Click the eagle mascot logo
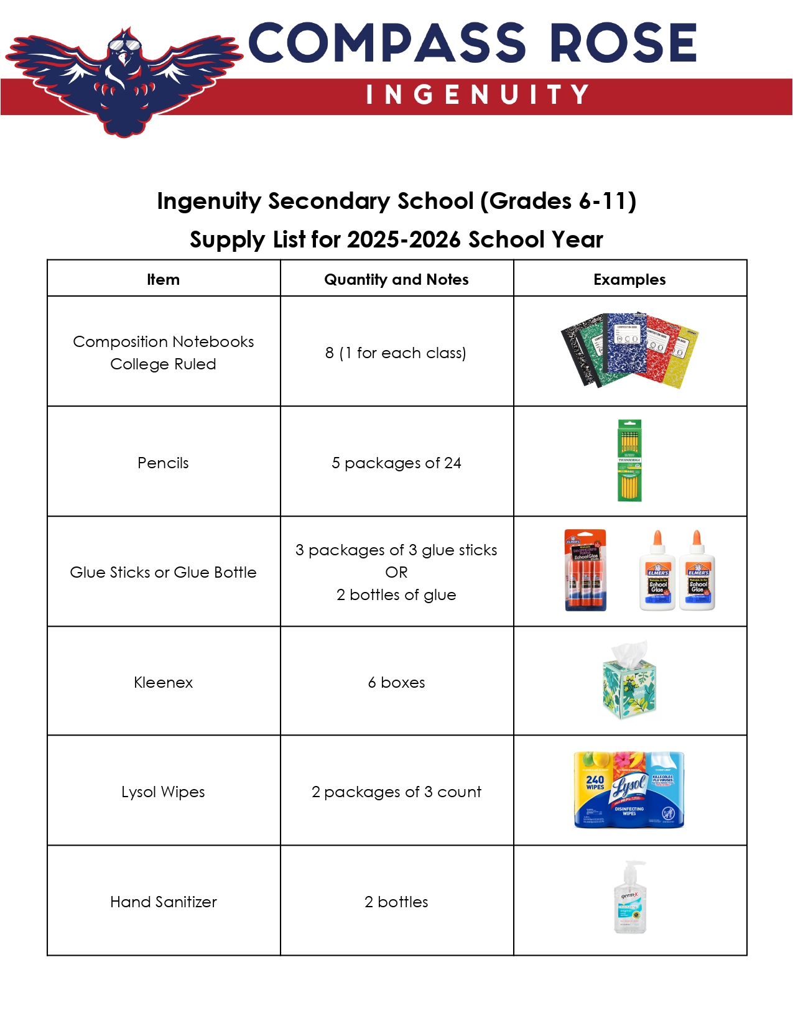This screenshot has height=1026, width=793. [x=124, y=78]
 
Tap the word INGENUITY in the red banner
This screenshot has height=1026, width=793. [x=477, y=95]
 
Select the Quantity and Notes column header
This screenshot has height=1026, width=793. [x=396, y=280]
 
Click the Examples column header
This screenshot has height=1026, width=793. [x=629, y=280]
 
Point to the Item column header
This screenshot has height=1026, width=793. [x=163, y=280]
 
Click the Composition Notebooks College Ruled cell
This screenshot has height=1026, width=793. [x=163, y=353]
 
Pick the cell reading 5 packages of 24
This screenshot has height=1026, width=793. [x=396, y=463]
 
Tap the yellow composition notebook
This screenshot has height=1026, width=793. [x=681, y=354]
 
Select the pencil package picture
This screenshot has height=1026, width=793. [x=629, y=461]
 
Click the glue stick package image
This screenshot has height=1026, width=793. [x=585, y=570]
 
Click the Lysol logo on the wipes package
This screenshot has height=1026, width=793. [x=629, y=787]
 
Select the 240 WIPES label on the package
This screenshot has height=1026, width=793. [x=595, y=782]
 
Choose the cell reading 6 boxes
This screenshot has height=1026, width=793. [x=396, y=682]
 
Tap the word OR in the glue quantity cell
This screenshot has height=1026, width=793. [x=396, y=572]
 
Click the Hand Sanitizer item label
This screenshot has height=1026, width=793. [x=163, y=902]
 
